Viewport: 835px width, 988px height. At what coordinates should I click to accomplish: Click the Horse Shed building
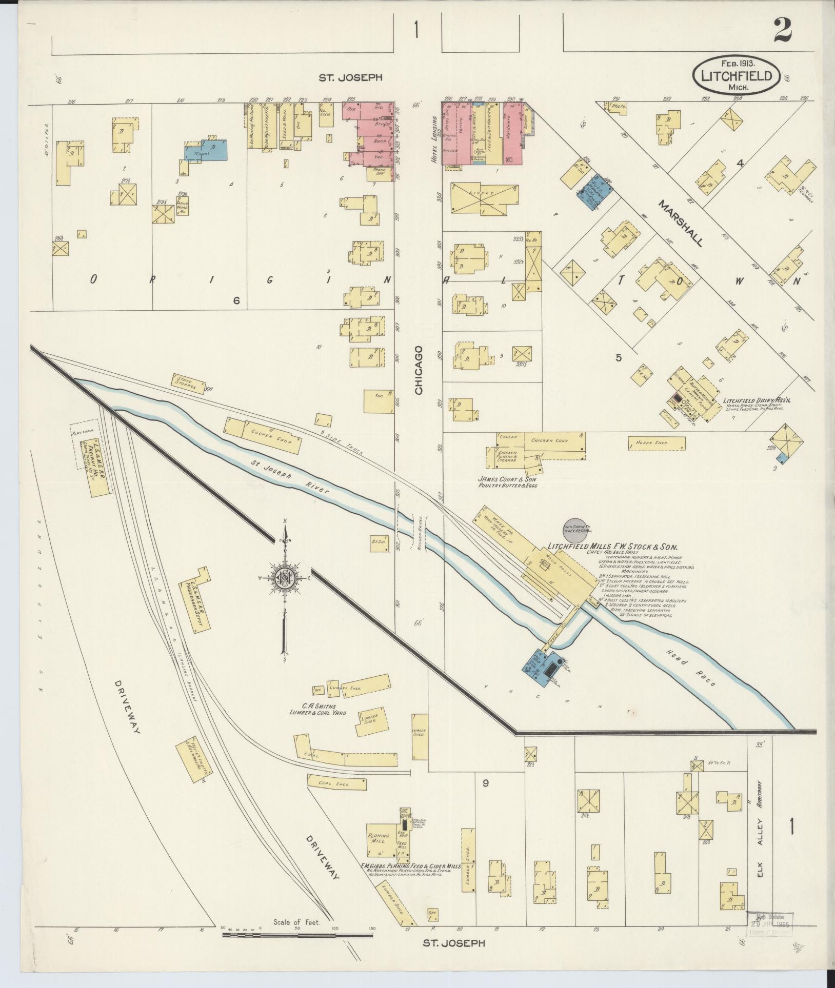pos(656,443)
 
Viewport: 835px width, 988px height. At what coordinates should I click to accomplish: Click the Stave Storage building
pos(186,384)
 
